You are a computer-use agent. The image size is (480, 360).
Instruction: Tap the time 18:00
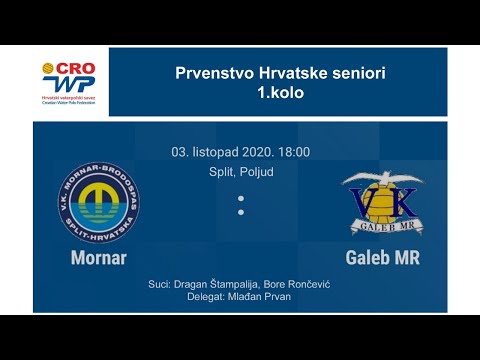292,152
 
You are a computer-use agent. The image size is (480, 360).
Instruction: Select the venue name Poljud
255,172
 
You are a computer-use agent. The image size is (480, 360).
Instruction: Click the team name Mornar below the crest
99,258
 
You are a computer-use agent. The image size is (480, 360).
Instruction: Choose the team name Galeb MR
382,258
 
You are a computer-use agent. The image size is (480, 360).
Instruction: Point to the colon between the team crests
240,205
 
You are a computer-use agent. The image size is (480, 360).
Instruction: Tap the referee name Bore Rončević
299,285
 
